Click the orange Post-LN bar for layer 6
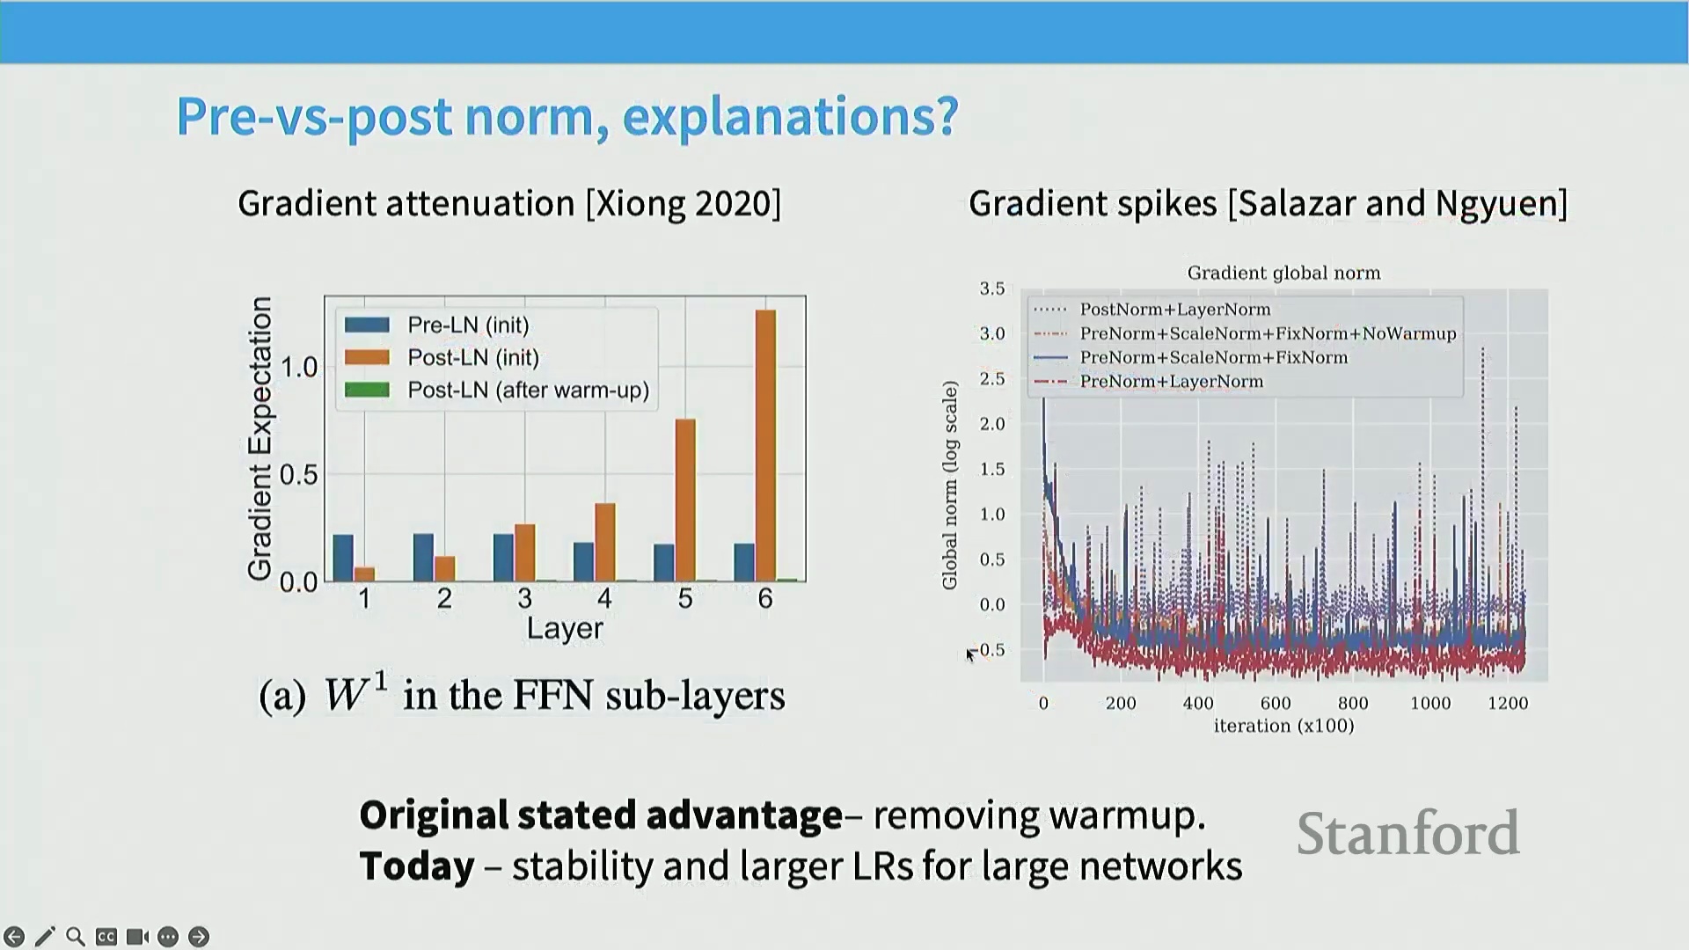tap(765, 445)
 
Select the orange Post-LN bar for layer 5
tap(685, 500)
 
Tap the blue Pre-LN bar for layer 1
tap(343, 558)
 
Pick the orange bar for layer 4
tap(605, 542)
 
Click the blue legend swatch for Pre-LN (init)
tap(367, 325)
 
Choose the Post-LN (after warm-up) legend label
tap(529, 390)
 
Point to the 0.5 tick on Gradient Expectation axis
tap(298, 475)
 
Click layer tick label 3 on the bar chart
tap(525, 599)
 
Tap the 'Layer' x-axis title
tap(565, 629)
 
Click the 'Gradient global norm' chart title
tap(1283, 273)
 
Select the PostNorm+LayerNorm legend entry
tap(1152, 310)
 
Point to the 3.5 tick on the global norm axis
tap(992, 289)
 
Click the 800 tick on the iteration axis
tap(1353, 703)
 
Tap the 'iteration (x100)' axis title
tap(1283, 726)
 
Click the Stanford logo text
tap(1407, 833)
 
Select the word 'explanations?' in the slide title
tap(790, 116)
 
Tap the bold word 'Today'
tap(417, 866)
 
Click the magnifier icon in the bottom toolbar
tap(76, 937)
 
